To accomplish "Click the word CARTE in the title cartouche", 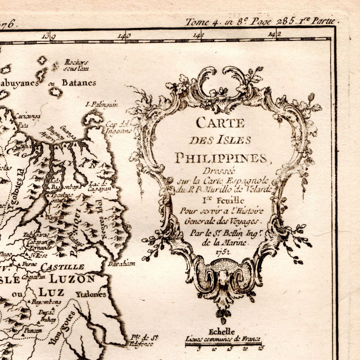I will point(220,123).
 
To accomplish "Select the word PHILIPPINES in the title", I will point(221,158).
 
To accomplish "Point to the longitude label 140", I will point(124,36).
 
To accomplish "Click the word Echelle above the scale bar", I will point(221,332).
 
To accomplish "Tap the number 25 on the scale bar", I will point(260,349).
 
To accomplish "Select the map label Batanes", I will point(78,83).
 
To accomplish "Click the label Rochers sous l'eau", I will point(76,65).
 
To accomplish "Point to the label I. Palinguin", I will point(102,104).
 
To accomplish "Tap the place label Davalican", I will point(121,264).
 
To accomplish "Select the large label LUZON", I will point(72,279).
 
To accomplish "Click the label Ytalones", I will point(91,294).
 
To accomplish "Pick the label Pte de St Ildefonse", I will point(142,341).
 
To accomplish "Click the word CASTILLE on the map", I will point(62,267).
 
